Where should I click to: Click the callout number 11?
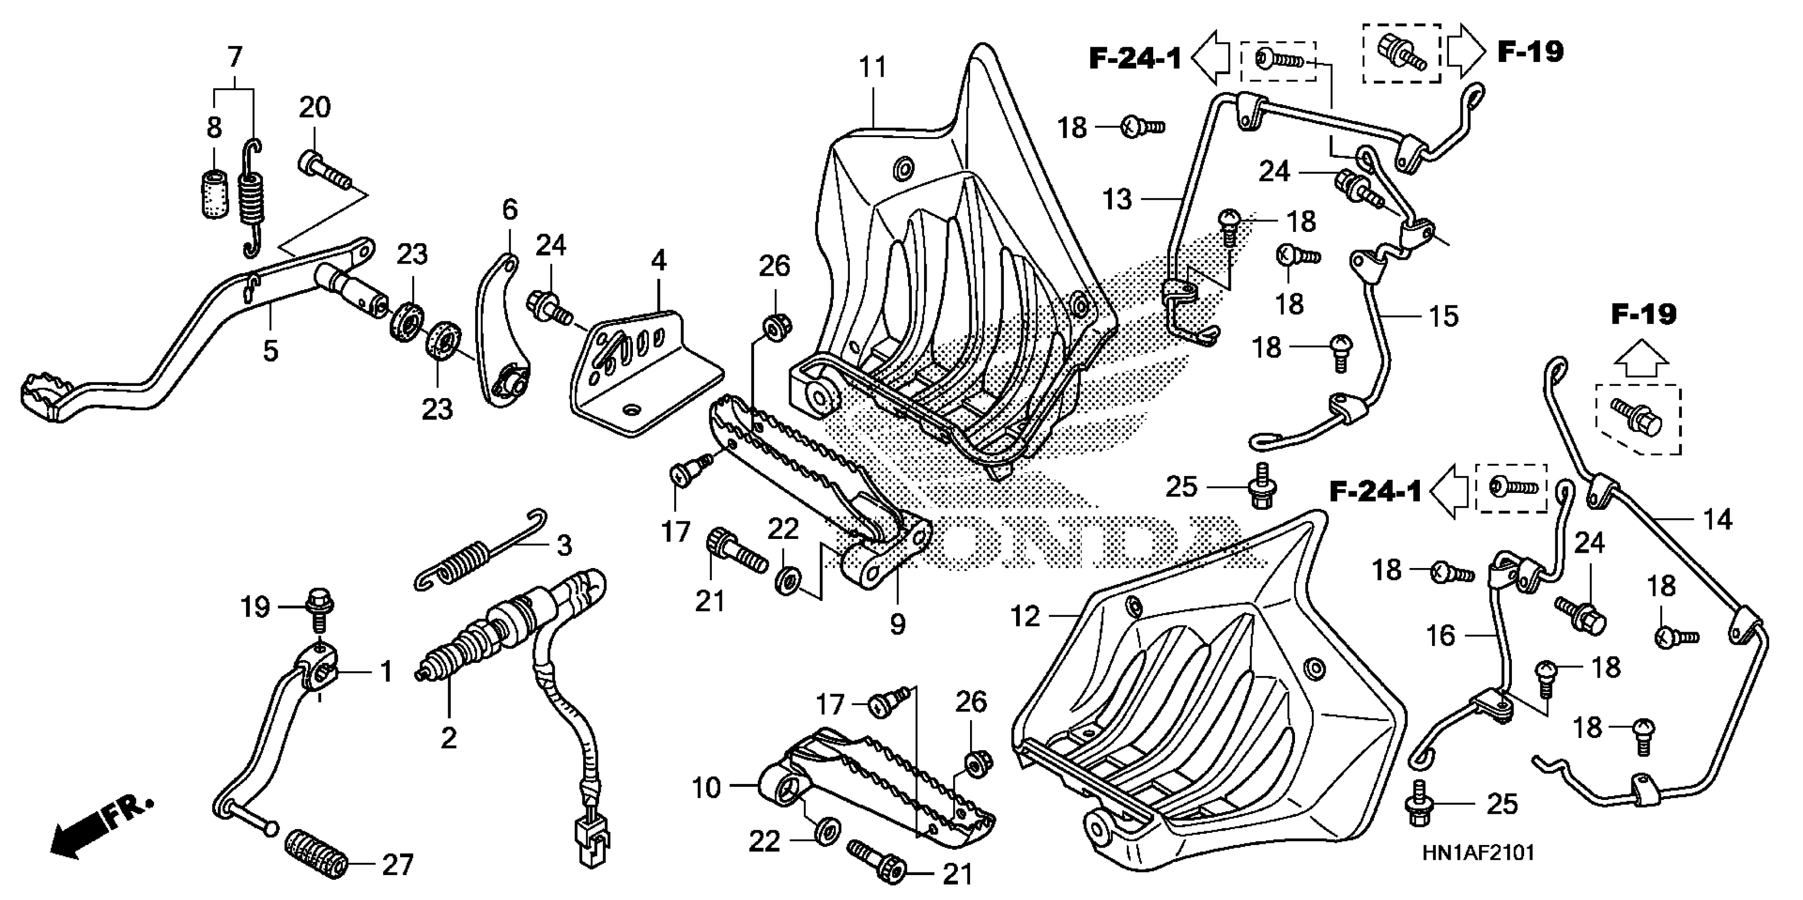pos(872,68)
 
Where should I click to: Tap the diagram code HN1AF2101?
pos(1478,852)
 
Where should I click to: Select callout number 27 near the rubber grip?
pos(397,866)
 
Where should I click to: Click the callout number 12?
pos(1026,617)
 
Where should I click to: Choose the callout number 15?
pos(1443,317)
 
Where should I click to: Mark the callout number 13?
pos(1117,200)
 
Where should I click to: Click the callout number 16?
pos(1440,636)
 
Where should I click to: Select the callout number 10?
pos(705,788)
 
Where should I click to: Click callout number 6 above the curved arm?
pos(510,210)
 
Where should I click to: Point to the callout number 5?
pos(270,350)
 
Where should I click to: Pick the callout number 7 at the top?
pos(234,56)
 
